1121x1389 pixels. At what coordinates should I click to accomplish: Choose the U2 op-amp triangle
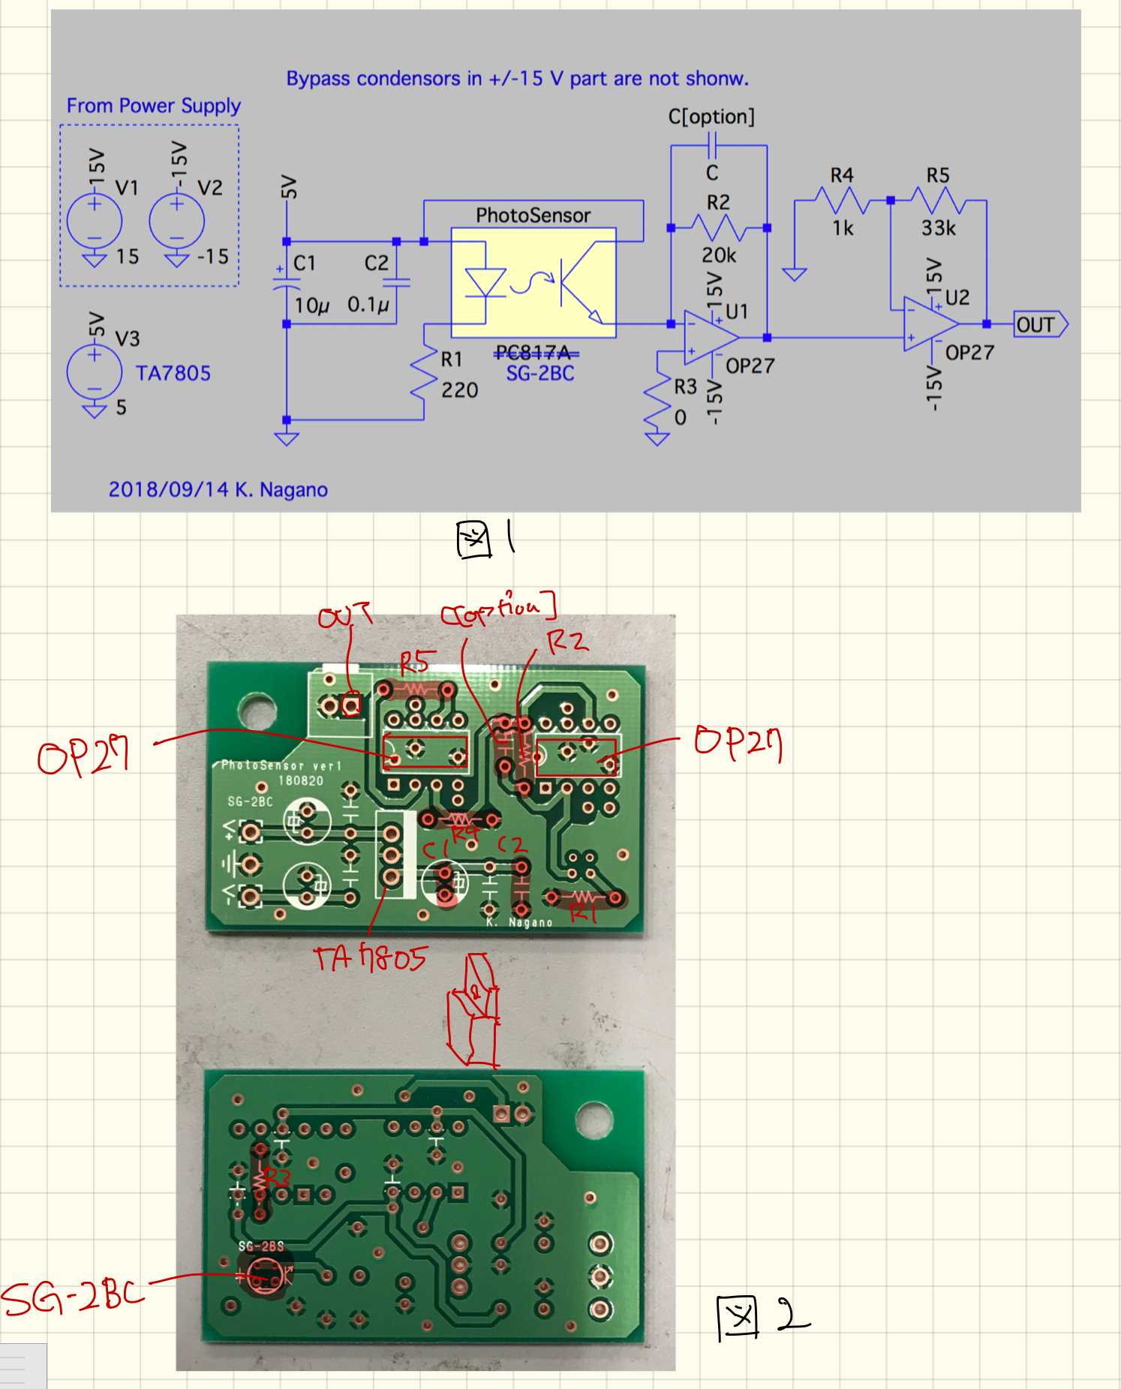coord(930,324)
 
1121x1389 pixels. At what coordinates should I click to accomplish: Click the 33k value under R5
coord(938,228)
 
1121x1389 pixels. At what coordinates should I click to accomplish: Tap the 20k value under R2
coord(719,256)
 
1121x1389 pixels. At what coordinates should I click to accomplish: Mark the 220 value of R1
coord(459,390)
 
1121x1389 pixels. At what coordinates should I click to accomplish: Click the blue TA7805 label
coord(173,373)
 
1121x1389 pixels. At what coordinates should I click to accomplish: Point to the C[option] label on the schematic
coord(711,117)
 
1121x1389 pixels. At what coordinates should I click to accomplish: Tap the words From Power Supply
coord(154,106)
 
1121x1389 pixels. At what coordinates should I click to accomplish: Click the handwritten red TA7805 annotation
coord(370,958)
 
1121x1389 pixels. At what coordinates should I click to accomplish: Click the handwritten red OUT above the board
coord(344,616)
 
